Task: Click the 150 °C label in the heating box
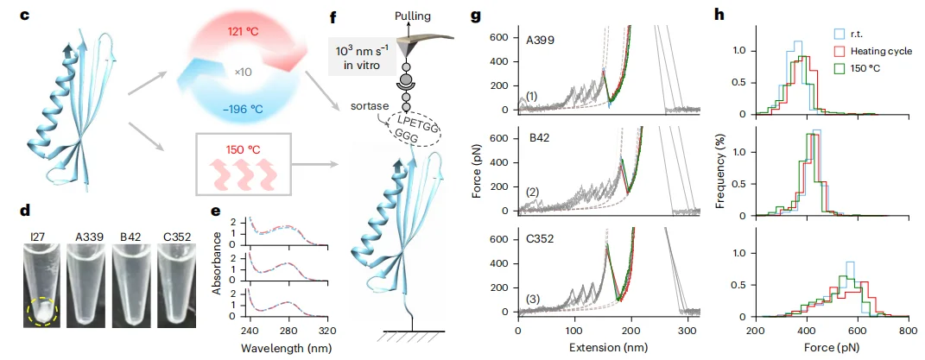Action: pyautogui.click(x=242, y=149)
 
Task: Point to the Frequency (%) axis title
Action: pyautogui.click(x=724, y=174)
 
